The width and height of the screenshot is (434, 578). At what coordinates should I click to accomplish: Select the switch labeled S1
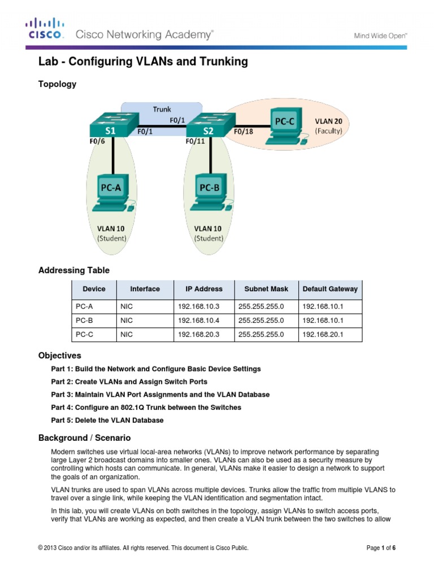coord(110,125)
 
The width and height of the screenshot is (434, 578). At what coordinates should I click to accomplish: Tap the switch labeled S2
coord(207,125)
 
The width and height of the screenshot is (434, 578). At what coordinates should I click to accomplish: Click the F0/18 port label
coord(244,132)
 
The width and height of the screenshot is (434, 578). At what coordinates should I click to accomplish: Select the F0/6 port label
coord(97,142)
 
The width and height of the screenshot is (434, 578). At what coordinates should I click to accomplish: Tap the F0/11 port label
coord(196,142)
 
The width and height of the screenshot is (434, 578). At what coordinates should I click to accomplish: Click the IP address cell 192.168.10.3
coord(198,306)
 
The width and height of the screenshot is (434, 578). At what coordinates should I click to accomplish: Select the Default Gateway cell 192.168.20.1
coord(323,335)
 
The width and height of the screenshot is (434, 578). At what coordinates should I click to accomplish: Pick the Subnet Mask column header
coord(266,289)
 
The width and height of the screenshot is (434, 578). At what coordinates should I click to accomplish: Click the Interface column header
coord(145,289)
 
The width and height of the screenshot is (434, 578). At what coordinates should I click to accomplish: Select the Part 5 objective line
coord(107,420)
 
